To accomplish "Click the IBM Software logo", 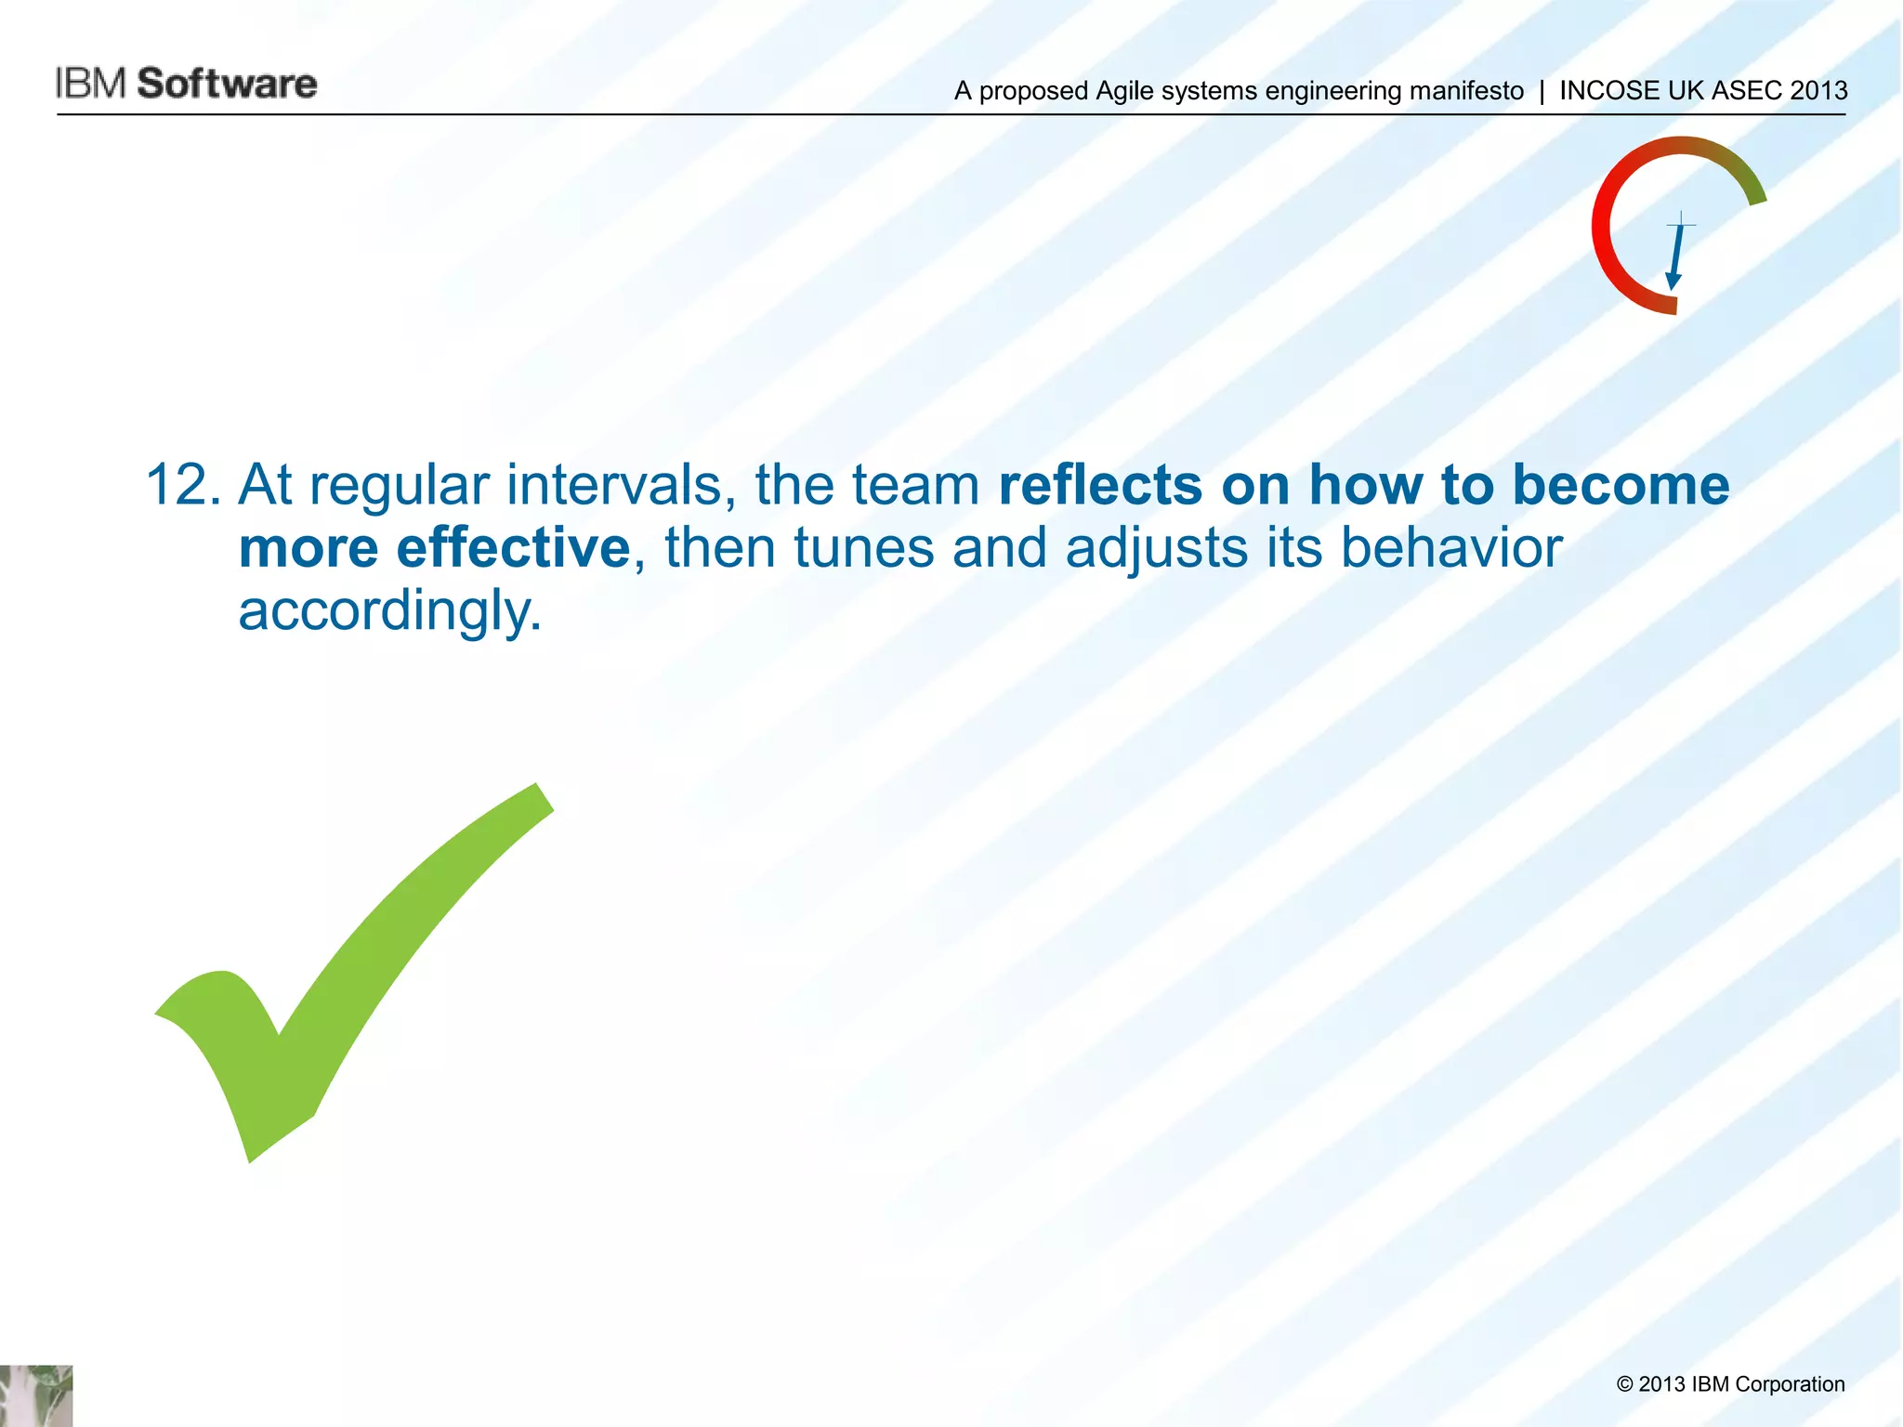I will (x=186, y=84).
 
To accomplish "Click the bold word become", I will (x=1621, y=486).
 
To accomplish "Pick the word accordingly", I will (x=389, y=611).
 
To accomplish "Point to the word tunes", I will (x=864, y=548).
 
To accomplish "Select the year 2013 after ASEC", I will (x=1818, y=91).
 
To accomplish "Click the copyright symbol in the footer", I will (x=1624, y=1384).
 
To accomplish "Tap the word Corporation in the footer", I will (x=1789, y=1384).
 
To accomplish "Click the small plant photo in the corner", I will (x=36, y=1395).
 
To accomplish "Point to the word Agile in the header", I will (x=1124, y=91).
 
